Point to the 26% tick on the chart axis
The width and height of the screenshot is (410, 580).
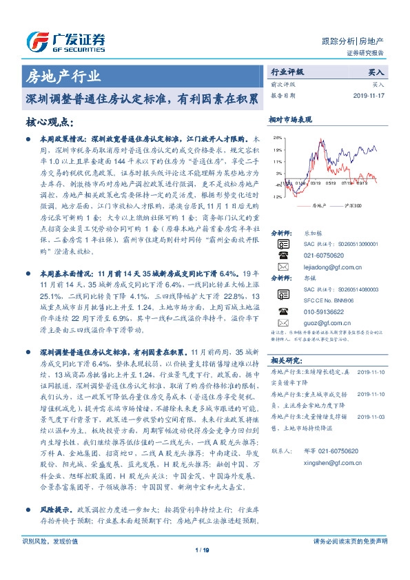coord(277,137)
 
